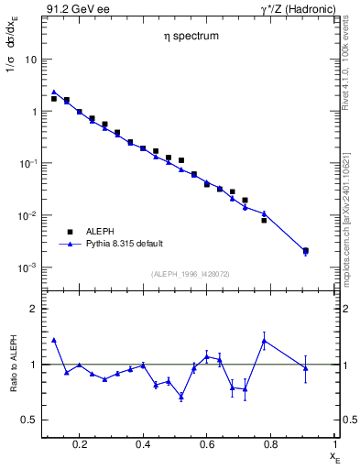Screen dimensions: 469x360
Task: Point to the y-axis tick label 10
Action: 30,60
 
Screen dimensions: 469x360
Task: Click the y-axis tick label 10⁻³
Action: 27,268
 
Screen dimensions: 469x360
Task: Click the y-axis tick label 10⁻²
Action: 27,216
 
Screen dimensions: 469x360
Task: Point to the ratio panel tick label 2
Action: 33,309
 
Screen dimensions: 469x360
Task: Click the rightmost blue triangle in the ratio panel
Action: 306,368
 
